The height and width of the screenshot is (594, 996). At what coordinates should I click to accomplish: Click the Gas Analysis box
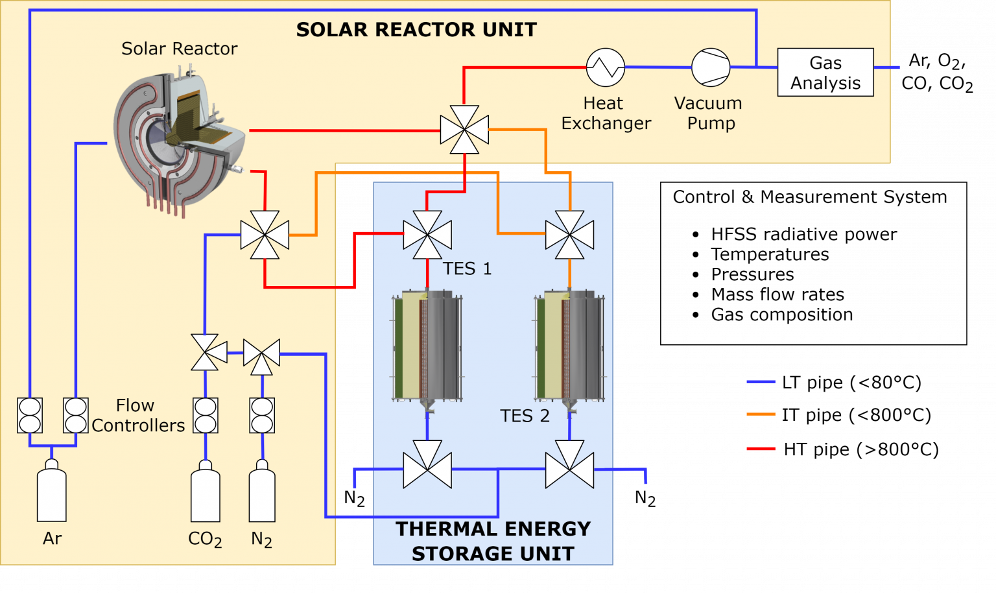pyautogui.click(x=825, y=72)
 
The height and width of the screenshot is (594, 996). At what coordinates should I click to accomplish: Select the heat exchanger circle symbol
pyautogui.click(x=605, y=67)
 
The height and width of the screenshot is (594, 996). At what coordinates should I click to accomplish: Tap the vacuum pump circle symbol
pyautogui.click(x=711, y=67)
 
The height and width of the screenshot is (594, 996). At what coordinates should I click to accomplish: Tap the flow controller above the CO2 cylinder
pyautogui.click(x=205, y=415)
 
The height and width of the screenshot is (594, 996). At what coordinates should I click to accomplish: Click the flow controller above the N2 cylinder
pyautogui.click(x=262, y=415)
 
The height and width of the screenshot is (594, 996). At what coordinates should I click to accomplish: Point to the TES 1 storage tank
pyautogui.click(x=427, y=347)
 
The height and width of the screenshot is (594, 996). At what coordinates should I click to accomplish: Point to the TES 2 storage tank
pyautogui.click(x=569, y=347)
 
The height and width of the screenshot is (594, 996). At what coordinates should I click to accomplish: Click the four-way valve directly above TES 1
pyautogui.click(x=427, y=235)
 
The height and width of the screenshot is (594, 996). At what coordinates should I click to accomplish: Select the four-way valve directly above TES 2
pyautogui.click(x=569, y=235)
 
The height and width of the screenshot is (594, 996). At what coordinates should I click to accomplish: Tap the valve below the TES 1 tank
pyautogui.click(x=427, y=465)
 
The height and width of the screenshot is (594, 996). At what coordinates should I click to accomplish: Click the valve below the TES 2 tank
pyautogui.click(x=569, y=465)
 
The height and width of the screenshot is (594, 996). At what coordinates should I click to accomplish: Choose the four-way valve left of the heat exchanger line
pyautogui.click(x=464, y=130)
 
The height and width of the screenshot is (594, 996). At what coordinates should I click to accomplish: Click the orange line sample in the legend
pyautogui.click(x=761, y=414)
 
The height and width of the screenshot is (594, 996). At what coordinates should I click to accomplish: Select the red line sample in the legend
pyautogui.click(x=761, y=448)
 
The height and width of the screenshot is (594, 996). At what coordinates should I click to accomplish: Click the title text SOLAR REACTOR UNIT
pyautogui.click(x=416, y=30)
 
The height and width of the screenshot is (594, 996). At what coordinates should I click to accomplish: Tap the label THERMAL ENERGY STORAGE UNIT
pyautogui.click(x=493, y=541)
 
